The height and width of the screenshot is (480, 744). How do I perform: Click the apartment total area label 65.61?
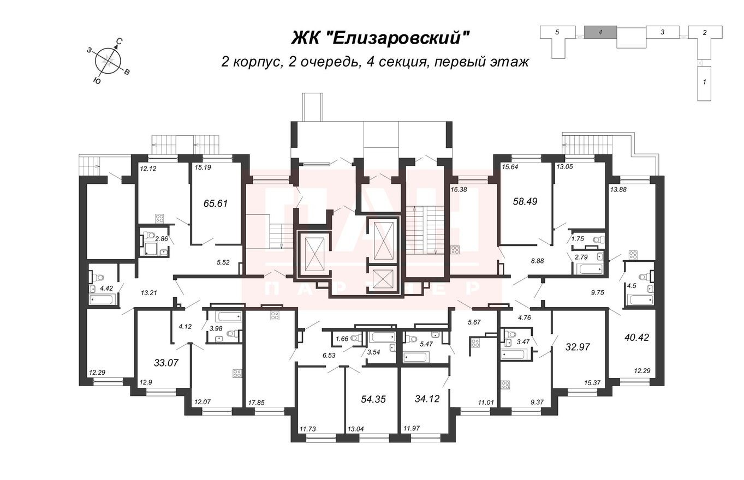215,203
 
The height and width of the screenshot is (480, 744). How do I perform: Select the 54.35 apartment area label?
373,399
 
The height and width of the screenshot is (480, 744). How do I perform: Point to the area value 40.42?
636,337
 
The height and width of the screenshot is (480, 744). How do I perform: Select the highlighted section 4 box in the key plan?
600,32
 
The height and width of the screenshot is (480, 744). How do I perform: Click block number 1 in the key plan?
704,82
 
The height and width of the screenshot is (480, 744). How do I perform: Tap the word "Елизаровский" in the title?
401,38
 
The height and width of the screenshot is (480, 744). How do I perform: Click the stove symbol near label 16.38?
455,251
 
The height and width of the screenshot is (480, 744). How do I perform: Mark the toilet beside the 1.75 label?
598,239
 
